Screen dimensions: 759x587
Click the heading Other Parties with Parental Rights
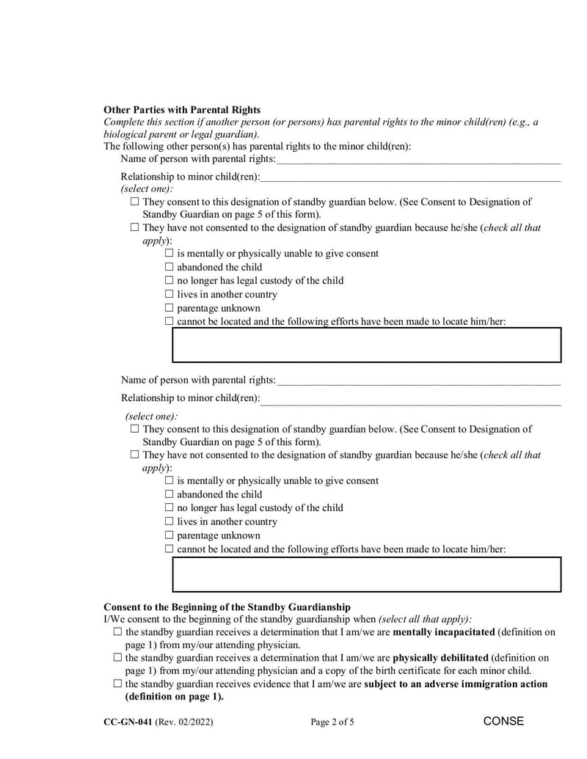click(x=182, y=109)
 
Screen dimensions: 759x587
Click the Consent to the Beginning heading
click(x=227, y=607)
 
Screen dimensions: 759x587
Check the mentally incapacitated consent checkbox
click(x=118, y=632)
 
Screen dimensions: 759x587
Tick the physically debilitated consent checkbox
click(x=118, y=659)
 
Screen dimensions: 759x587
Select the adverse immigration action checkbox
click(x=118, y=684)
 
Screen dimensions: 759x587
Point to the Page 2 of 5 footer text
click(x=332, y=722)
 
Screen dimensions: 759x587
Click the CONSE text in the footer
click(x=503, y=722)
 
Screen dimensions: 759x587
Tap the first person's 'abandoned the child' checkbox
click(x=169, y=268)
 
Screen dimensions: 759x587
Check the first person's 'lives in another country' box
click(x=169, y=295)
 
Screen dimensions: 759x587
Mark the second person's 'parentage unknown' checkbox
click(x=169, y=536)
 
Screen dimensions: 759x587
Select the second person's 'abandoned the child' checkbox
click(x=169, y=495)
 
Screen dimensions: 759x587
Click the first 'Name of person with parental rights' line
click(x=418, y=159)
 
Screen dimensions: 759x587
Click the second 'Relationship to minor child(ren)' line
click(x=411, y=398)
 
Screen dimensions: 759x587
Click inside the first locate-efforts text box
click(x=366, y=345)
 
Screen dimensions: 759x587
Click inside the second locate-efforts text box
click(x=366, y=574)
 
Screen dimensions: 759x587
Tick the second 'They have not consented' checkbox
click(x=134, y=455)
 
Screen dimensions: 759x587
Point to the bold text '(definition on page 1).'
click(x=175, y=697)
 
